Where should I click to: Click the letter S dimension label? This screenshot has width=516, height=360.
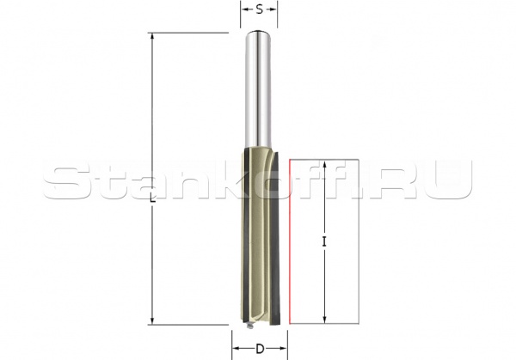click(258, 11)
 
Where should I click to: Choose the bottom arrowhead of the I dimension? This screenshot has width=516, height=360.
click(324, 319)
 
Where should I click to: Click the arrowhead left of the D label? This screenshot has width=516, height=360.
click(236, 350)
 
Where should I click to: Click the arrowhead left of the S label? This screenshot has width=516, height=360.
click(244, 11)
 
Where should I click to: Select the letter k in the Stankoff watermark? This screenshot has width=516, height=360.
click(223, 181)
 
